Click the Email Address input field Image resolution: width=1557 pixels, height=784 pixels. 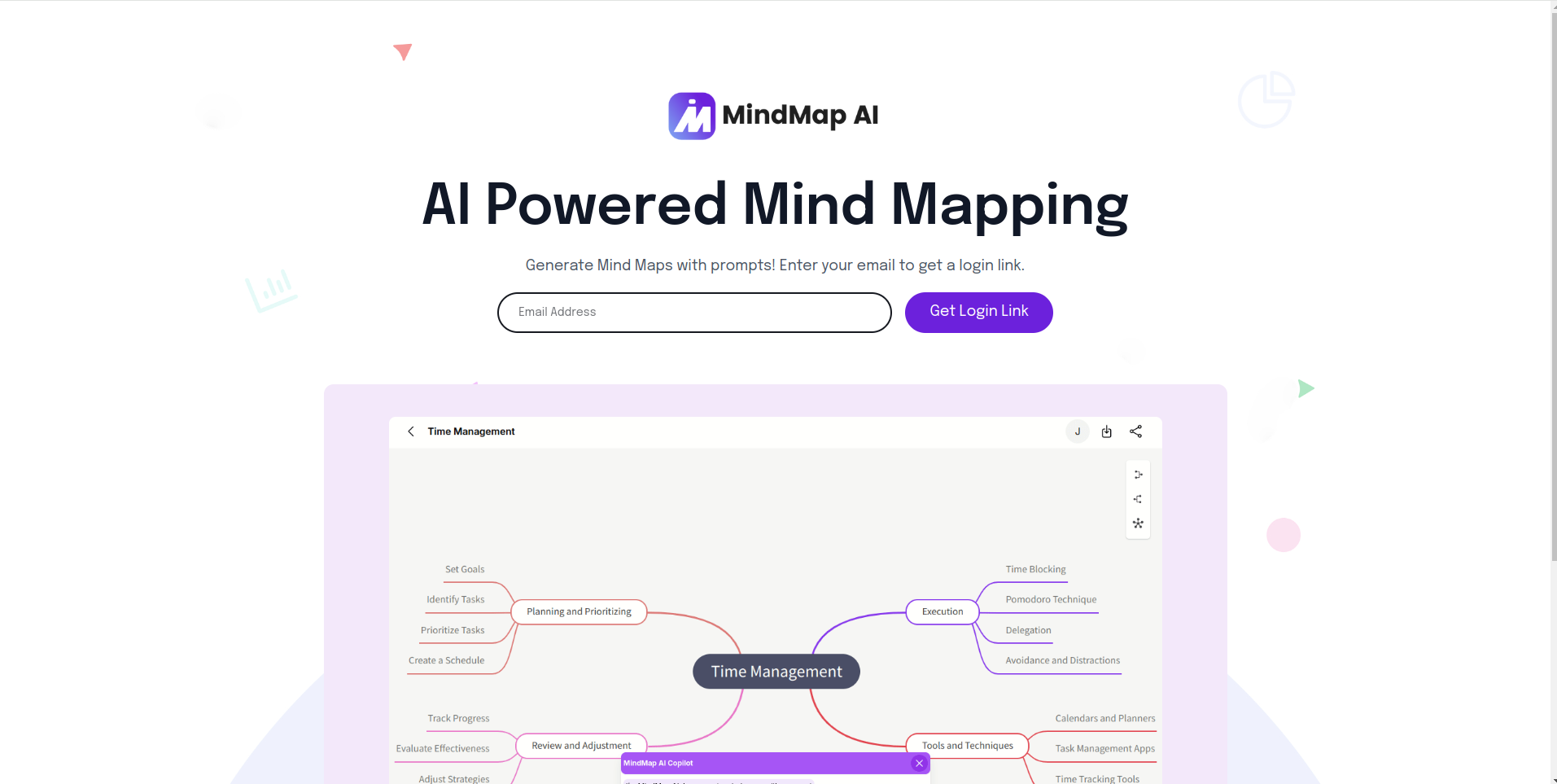(x=694, y=313)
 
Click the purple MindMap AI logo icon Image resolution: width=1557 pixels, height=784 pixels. (x=692, y=116)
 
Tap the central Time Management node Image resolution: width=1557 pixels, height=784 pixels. (x=776, y=672)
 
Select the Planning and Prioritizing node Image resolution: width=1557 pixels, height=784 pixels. (x=579, y=611)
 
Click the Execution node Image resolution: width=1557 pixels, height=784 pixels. (x=943, y=611)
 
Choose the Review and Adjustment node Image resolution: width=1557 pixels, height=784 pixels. (x=581, y=746)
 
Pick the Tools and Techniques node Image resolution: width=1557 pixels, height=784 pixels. (x=967, y=746)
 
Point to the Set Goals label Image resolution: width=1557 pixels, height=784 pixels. (x=465, y=569)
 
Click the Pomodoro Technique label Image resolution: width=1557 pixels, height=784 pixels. (x=1051, y=599)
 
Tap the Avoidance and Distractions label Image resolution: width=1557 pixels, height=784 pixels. (x=1062, y=660)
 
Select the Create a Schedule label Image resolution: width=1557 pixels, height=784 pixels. (x=446, y=660)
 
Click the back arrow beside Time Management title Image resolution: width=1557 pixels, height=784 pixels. (x=411, y=431)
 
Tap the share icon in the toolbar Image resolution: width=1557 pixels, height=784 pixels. (x=1135, y=431)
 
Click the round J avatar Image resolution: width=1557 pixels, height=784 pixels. (x=1078, y=431)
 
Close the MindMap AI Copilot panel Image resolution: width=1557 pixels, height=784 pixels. (x=919, y=764)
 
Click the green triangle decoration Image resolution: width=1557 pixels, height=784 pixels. (x=1306, y=388)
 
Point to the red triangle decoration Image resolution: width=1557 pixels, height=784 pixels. (x=403, y=51)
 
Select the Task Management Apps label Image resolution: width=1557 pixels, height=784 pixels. (x=1104, y=748)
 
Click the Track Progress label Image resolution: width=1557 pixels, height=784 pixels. (x=458, y=718)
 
